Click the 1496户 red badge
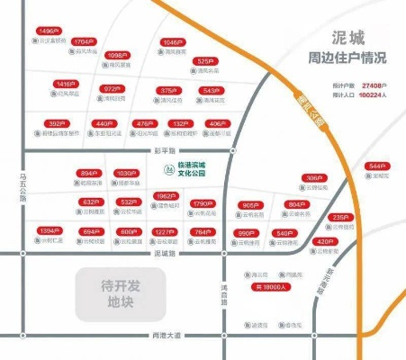coord(49,31)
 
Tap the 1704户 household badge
coord(84,41)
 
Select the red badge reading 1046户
coord(173,41)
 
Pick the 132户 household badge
coord(180,123)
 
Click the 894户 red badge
coord(88,173)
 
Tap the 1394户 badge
coord(50,231)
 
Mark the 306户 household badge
coord(312,177)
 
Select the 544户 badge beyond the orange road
coord(376,166)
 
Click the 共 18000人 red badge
coord(270,287)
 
